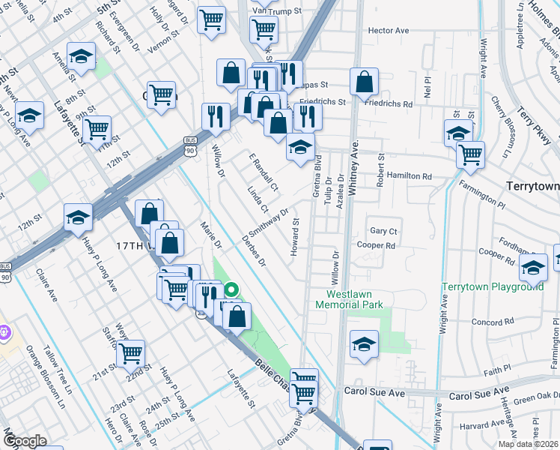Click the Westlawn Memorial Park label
(349, 298)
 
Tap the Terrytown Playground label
(492, 286)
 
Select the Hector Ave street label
(388, 31)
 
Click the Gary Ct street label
(383, 231)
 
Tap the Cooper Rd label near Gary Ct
(376, 245)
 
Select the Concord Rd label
(491, 321)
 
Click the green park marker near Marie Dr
(232, 289)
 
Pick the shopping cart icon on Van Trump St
(264, 29)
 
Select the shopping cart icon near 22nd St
(131, 352)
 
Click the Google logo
(25, 441)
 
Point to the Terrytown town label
(532, 184)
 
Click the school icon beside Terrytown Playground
(533, 267)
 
